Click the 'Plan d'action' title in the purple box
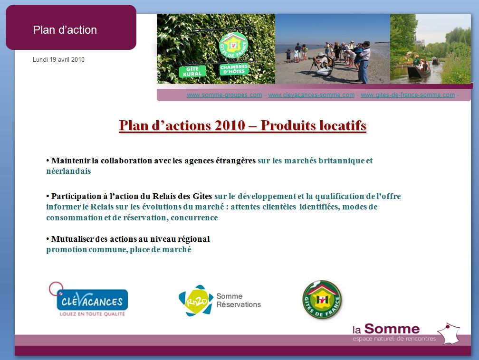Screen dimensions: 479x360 (65, 30)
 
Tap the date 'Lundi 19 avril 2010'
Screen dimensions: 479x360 (58, 59)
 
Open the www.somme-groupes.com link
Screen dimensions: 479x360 (224, 95)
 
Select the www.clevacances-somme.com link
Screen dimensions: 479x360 (311, 95)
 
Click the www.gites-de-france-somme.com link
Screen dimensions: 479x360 (408, 95)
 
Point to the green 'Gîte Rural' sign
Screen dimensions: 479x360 (192, 71)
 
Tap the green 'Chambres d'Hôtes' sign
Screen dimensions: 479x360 (234, 69)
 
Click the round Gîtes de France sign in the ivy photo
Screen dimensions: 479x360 (233, 46)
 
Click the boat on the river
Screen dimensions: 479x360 (419, 71)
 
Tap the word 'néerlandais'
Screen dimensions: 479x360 (69, 171)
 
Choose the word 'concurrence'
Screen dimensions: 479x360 (194, 218)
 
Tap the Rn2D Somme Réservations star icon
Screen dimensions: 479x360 (196, 301)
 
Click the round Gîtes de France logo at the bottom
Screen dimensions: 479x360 (322, 300)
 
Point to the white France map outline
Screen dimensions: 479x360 (450, 333)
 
